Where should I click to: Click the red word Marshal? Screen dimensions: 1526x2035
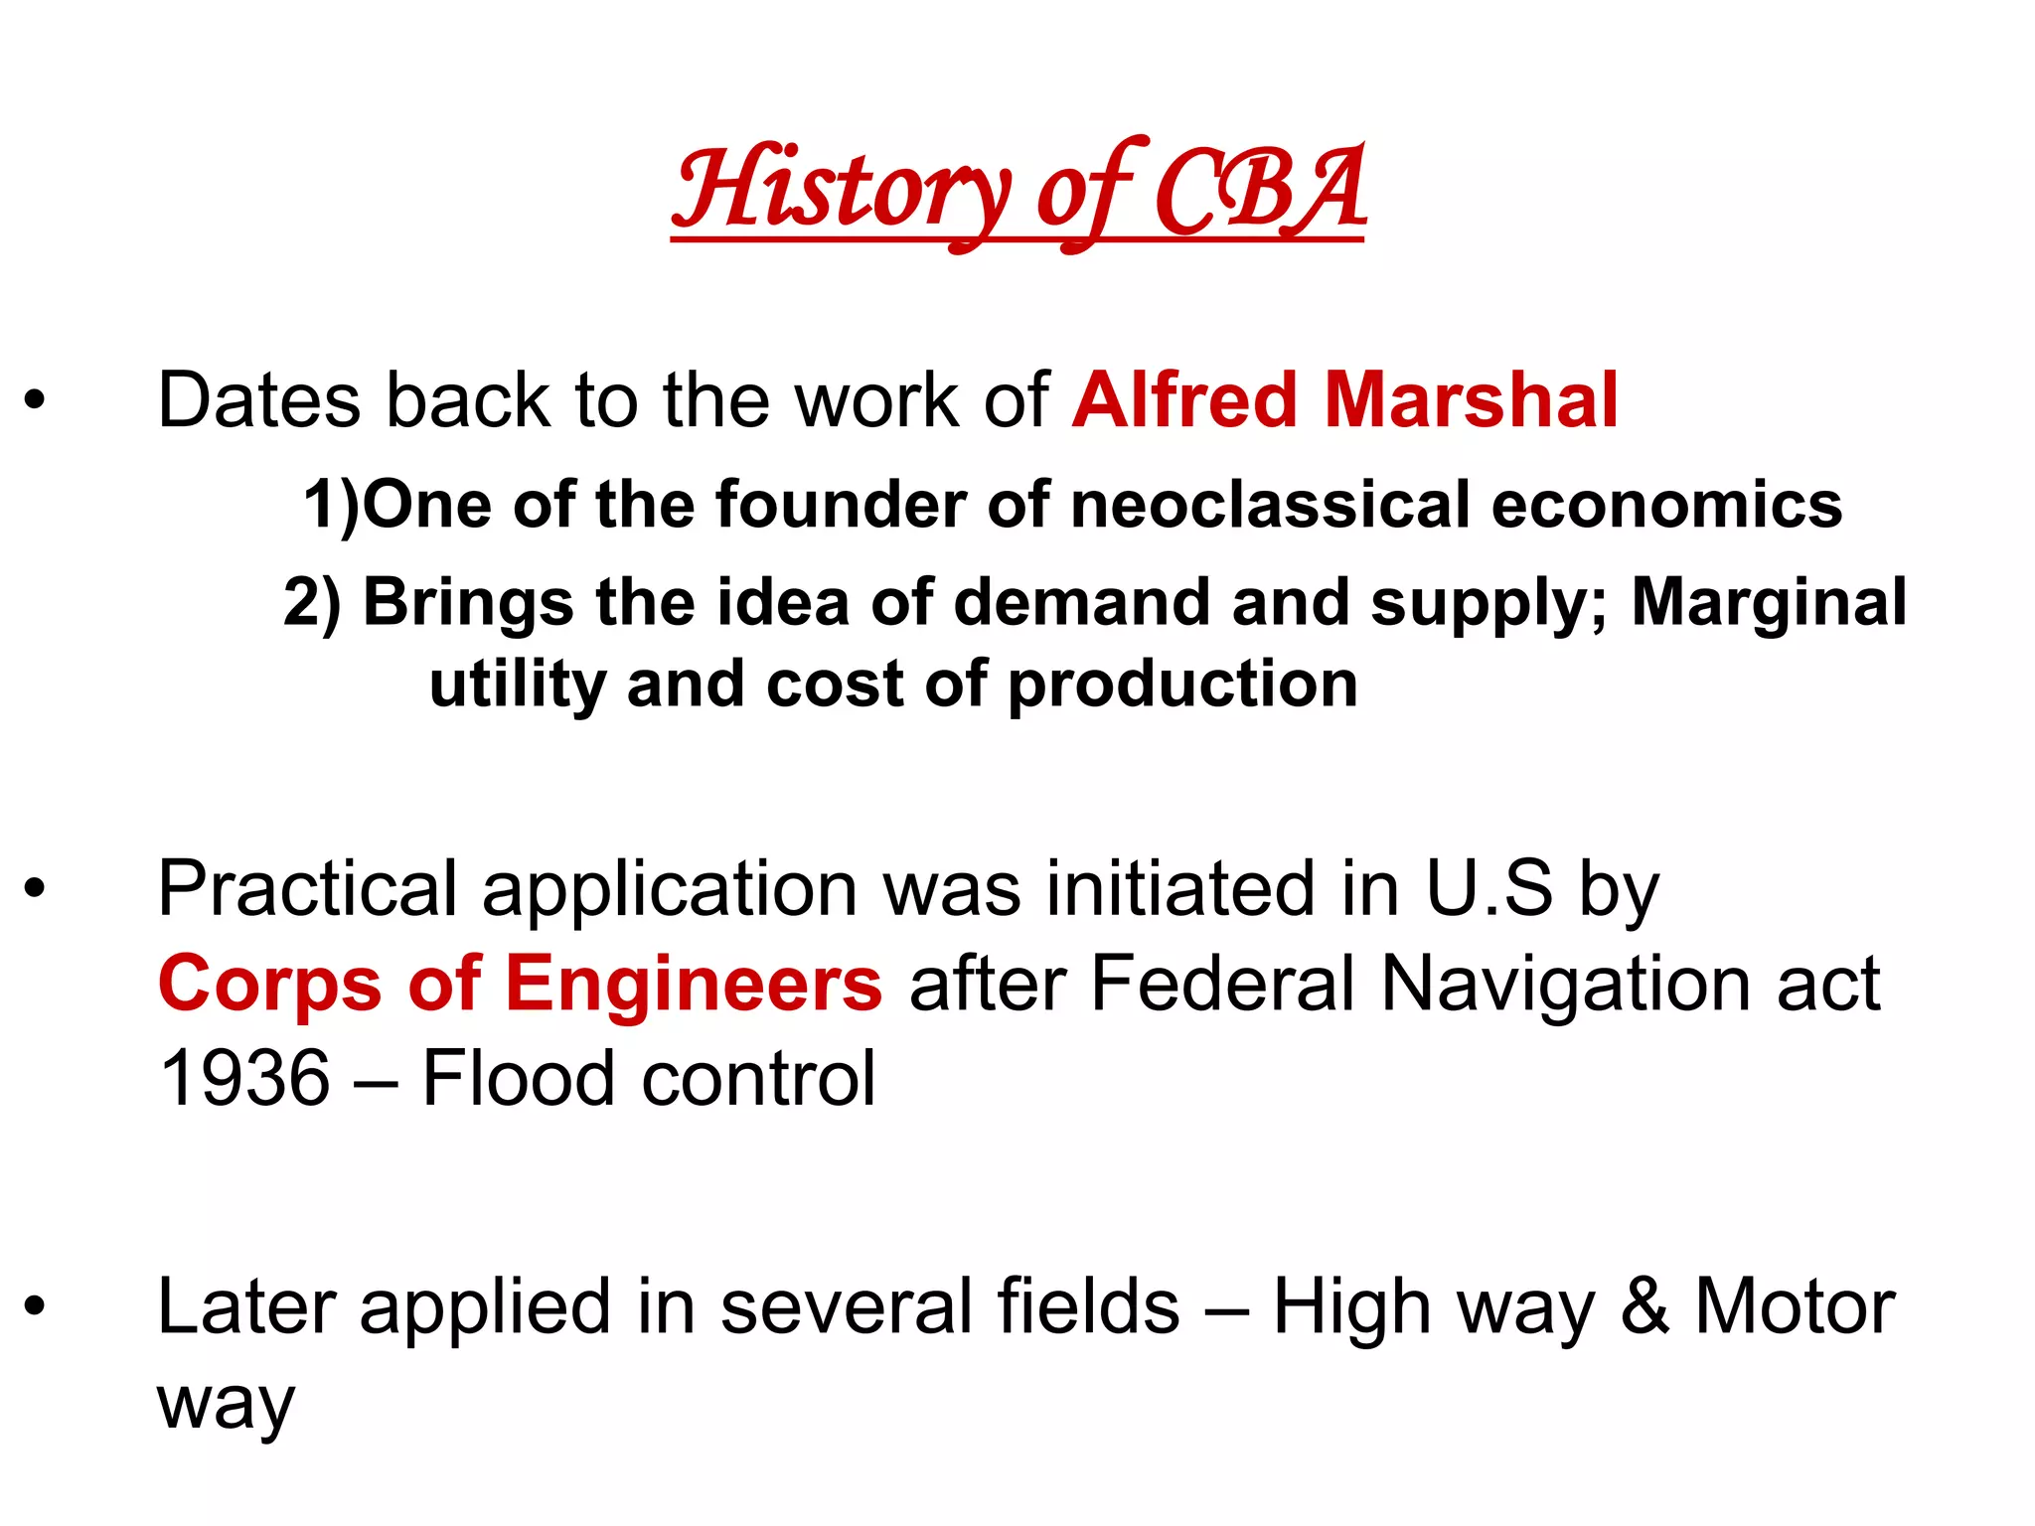click(x=1472, y=400)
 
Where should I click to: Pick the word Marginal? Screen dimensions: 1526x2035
click(x=1769, y=603)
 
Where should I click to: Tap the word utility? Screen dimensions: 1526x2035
click(x=516, y=686)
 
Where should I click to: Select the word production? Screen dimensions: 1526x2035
click(x=1182, y=686)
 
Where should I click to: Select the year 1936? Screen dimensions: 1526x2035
click(x=244, y=1079)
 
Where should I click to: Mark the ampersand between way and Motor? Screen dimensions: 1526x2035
click(x=1644, y=1307)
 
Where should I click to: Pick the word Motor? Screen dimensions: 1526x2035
click(x=1795, y=1307)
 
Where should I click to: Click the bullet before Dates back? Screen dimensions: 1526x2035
click(x=36, y=400)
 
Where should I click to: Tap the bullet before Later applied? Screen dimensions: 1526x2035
click(x=36, y=1307)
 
